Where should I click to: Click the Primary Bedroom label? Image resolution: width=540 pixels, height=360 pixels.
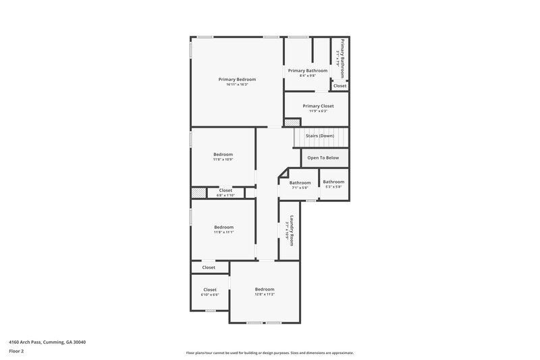tap(237, 79)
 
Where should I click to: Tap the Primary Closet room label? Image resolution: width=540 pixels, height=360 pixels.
tap(318, 105)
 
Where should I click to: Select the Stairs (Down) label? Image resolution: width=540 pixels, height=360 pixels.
tap(321, 136)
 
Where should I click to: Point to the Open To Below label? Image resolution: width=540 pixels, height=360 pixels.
tap(323, 157)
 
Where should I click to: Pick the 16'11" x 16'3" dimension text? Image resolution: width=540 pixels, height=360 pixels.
tap(237, 84)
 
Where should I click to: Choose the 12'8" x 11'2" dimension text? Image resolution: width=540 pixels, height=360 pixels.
tap(264, 294)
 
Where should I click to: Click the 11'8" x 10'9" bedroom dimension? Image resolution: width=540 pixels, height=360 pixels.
tap(223, 159)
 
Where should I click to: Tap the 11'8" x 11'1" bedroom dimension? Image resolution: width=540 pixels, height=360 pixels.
tap(223, 232)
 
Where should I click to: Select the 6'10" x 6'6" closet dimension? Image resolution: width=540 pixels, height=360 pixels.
tap(210, 295)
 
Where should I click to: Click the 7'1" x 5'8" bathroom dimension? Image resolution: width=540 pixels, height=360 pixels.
tap(300, 188)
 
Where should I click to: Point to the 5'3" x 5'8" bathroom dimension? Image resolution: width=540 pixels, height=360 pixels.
tap(333, 187)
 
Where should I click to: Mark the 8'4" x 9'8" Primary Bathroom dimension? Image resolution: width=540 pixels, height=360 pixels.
tap(308, 76)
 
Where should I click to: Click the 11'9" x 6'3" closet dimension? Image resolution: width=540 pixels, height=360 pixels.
tap(318, 111)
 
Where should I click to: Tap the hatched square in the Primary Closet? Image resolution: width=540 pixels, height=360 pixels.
tap(291, 123)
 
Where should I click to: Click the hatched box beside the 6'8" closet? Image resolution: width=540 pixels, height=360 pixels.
tap(198, 192)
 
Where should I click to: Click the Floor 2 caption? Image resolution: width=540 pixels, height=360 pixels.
tap(16, 351)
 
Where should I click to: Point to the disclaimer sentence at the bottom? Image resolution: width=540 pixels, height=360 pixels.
tap(269, 353)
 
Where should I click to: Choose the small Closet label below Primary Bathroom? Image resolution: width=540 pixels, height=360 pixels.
tap(340, 86)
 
